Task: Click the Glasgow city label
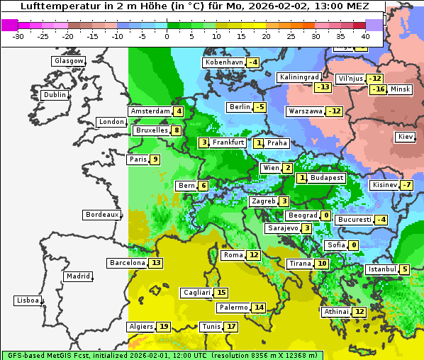pos(68,61)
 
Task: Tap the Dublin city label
pos(55,95)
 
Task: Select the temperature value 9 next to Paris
pos(155,159)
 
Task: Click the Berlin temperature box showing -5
pos(260,107)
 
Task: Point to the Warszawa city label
pos(305,111)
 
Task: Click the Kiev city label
pos(406,137)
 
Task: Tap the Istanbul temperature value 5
pos(404,269)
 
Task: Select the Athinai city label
pos(336,312)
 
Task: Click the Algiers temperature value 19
pos(164,327)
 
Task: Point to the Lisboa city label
pos(27,300)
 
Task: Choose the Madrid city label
pos(77,276)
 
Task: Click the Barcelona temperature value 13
pos(156,263)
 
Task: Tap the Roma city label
pos(233,255)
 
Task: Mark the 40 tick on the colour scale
pos(365,36)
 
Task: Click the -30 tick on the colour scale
pos(18,36)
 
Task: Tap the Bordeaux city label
pos(101,215)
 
